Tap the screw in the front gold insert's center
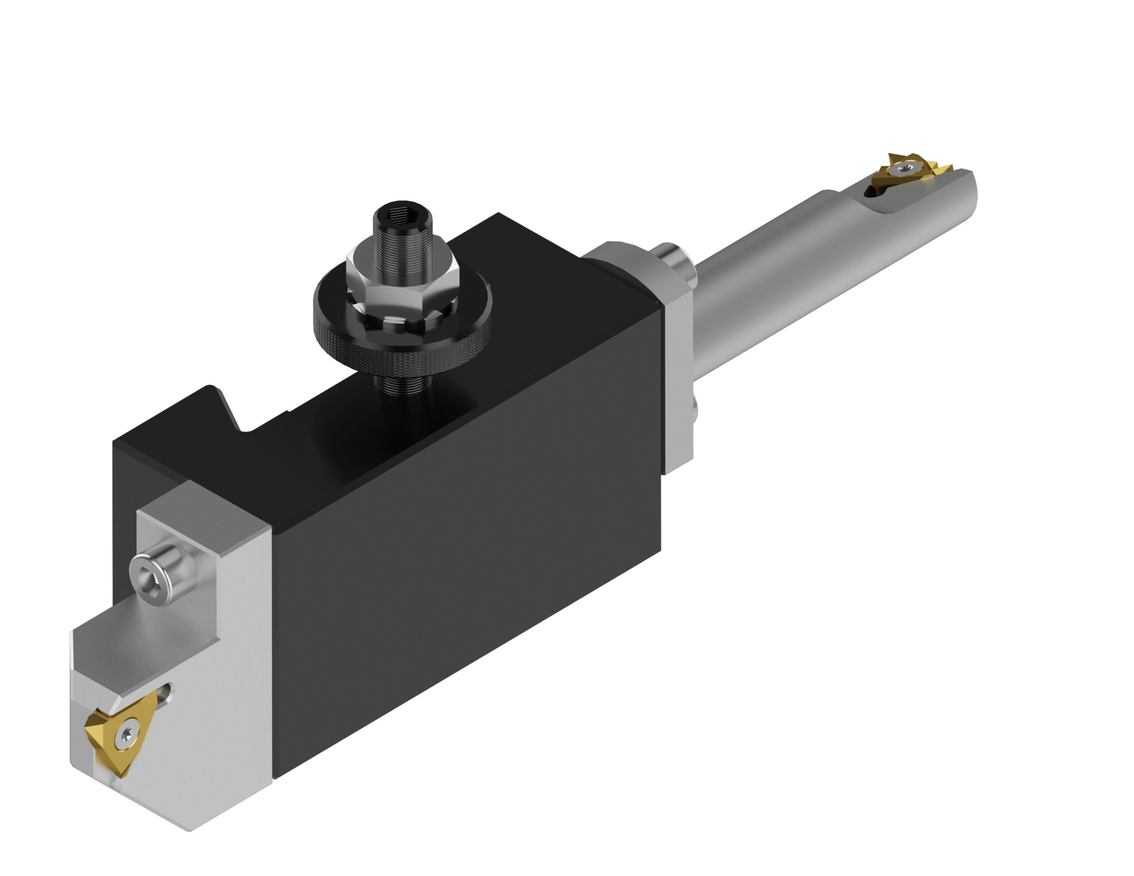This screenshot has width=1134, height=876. click(x=126, y=734)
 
